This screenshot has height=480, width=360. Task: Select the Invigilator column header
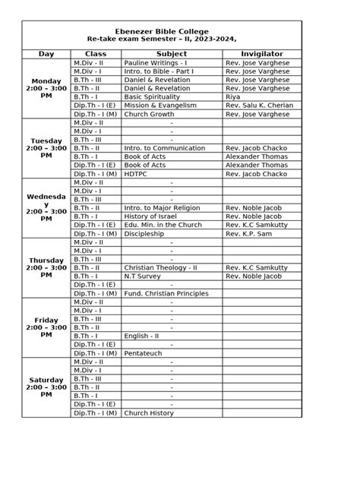(x=261, y=54)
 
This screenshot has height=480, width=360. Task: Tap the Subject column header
(x=172, y=54)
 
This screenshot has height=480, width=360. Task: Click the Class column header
(x=95, y=54)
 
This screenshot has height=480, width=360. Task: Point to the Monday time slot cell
(x=46, y=88)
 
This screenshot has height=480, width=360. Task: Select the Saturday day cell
(x=46, y=387)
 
